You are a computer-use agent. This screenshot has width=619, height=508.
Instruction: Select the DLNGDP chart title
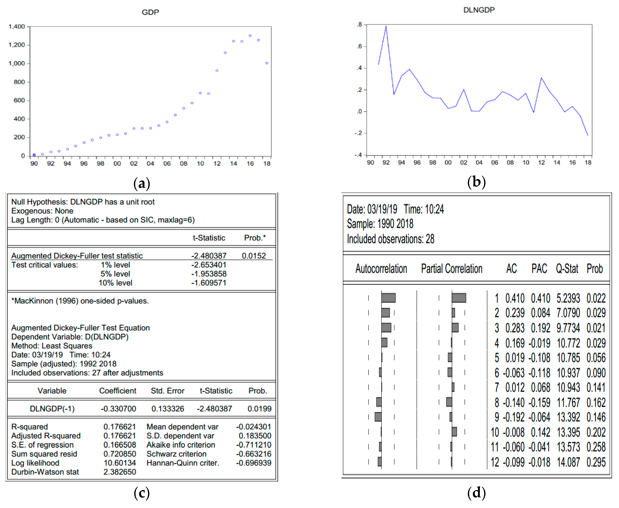[479, 10]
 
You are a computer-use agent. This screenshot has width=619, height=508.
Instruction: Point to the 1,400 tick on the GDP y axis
[17, 27]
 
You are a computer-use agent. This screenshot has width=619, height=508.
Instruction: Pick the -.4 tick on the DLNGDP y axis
[358, 155]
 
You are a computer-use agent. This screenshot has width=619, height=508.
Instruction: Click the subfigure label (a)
[142, 183]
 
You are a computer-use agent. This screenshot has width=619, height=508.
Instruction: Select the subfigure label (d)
[477, 493]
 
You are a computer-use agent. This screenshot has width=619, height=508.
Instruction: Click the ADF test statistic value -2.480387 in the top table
[209, 256]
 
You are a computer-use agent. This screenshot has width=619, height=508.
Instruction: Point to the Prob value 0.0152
[254, 256]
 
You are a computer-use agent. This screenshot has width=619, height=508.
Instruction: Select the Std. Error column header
[167, 391]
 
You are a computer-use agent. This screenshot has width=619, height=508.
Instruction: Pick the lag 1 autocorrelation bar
[388, 298]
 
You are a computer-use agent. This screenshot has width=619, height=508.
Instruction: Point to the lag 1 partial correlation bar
[459, 298]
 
